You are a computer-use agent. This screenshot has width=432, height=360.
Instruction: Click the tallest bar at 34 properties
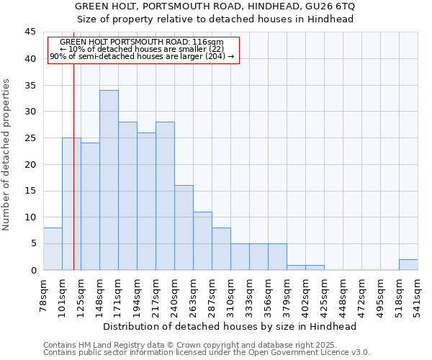click(x=109, y=180)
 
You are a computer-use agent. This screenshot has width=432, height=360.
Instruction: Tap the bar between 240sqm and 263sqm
click(x=184, y=228)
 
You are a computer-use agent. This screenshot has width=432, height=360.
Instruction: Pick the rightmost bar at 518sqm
click(x=408, y=264)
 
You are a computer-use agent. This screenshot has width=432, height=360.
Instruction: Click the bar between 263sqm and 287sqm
click(x=202, y=240)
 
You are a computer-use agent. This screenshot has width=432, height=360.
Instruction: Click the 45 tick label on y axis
click(x=30, y=32)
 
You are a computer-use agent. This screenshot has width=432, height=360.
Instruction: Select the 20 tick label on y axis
click(x=30, y=164)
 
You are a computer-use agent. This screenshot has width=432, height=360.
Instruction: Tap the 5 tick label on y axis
click(x=33, y=243)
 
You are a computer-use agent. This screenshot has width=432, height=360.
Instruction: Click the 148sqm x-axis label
click(x=100, y=296)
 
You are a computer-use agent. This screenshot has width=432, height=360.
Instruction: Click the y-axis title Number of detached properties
click(x=7, y=155)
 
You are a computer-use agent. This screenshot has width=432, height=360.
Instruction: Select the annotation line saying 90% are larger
click(x=142, y=56)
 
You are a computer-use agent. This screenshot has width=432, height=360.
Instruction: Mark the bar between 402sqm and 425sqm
click(x=315, y=267)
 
